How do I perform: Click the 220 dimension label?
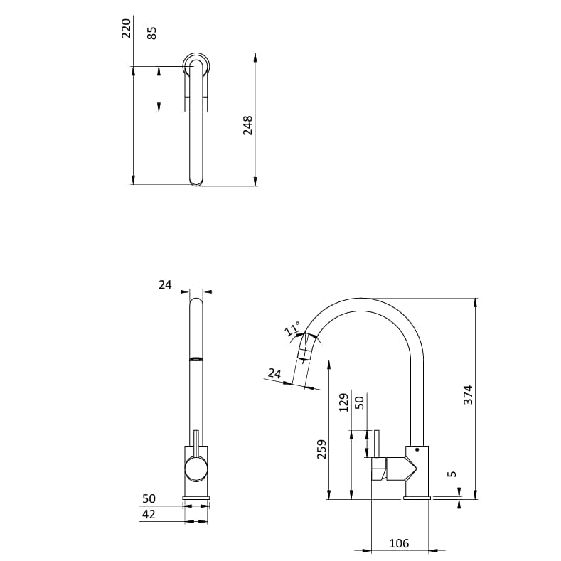click(x=127, y=28)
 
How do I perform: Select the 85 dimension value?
click(x=152, y=33)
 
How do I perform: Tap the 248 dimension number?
click(x=248, y=125)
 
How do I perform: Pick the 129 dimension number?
click(x=344, y=402)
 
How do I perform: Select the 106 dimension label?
click(x=399, y=544)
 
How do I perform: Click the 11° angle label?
click(x=292, y=329)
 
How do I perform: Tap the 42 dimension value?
click(x=149, y=515)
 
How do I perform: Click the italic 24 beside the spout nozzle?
click(x=274, y=373)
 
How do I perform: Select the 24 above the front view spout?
click(x=165, y=284)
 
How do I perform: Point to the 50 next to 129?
click(x=360, y=402)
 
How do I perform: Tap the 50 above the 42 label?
click(x=149, y=499)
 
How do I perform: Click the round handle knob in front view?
click(x=196, y=469)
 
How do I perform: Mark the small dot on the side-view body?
click(x=417, y=450)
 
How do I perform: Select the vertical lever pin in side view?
click(x=378, y=444)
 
